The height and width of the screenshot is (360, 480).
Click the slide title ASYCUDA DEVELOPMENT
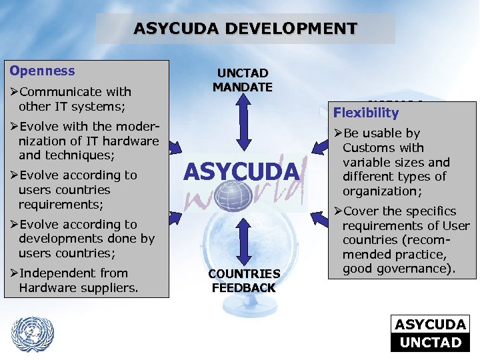coord(245,29)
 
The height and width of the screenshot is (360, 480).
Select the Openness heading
coord(41,71)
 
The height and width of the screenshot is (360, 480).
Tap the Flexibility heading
coord(366,113)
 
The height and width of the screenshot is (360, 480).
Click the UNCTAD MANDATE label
coord(243,80)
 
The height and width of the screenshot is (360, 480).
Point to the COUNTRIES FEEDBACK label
coord(243,281)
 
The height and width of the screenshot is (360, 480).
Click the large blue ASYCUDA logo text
coord(241,172)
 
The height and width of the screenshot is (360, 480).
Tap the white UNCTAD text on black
coord(431,342)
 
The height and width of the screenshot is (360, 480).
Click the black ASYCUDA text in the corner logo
coord(431,325)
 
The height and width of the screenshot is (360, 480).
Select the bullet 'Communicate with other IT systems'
coord(73,99)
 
